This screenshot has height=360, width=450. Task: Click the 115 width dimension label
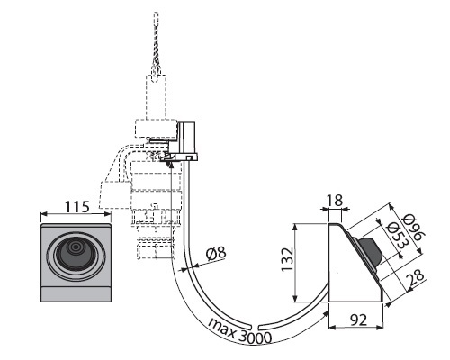(x=77, y=207)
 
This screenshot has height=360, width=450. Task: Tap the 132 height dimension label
(x=288, y=259)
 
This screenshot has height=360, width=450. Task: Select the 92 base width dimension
(x=358, y=320)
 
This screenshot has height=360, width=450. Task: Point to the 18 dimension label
(x=334, y=201)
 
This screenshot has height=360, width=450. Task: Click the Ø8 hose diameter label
(x=216, y=254)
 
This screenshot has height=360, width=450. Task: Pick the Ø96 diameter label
(x=414, y=227)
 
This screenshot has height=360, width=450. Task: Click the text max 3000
(x=239, y=331)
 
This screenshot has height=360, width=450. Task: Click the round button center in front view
(x=76, y=247)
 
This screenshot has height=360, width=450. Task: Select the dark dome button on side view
(x=371, y=251)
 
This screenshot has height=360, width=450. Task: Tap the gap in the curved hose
(x=254, y=327)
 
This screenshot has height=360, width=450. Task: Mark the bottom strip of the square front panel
(x=76, y=294)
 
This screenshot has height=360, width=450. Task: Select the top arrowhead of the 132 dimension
(x=295, y=227)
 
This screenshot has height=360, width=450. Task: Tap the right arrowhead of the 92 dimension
(x=380, y=327)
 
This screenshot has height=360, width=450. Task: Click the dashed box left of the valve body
(x=115, y=194)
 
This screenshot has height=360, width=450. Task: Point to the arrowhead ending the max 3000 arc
(x=326, y=314)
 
